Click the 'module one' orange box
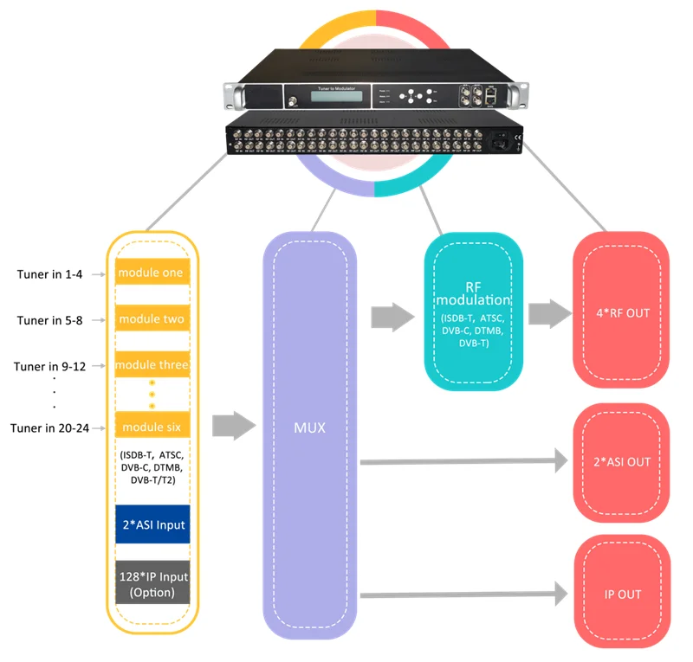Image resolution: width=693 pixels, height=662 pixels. click(x=152, y=273)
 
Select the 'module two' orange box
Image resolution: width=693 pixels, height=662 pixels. click(x=152, y=319)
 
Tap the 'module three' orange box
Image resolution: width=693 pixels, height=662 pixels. click(x=152, y=365)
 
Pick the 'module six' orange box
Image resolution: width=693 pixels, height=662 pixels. click(x=152, y=427)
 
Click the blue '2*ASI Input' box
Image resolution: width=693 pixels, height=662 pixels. click(x=152, y=524)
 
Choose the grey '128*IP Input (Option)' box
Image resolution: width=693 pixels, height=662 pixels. click(x=152, y=585)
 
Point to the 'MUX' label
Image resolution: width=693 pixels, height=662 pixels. click(x=309, y=427)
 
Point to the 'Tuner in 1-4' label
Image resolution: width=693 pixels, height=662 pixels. click(x=50, y=274)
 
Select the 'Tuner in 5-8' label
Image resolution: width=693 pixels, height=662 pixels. click(x=50, y=320)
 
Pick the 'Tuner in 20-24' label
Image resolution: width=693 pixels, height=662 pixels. click(x=49, y=427)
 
